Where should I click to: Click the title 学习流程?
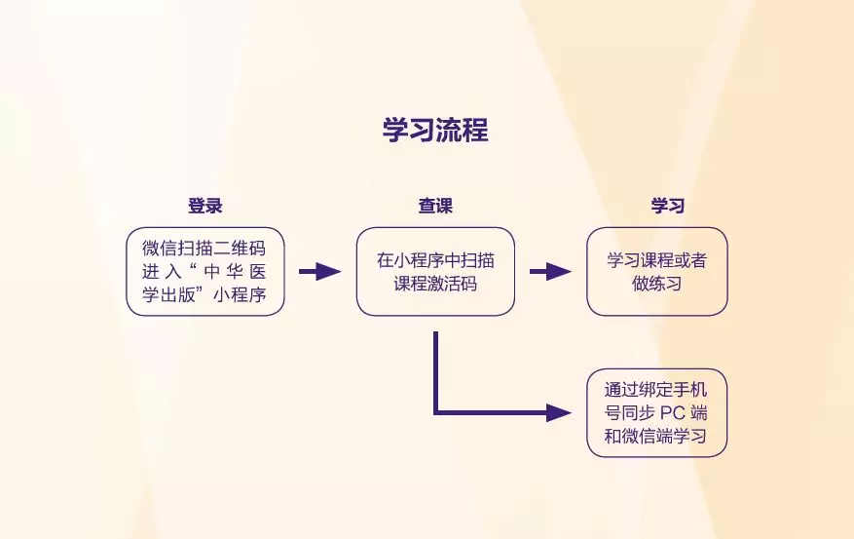(x=435, y=130)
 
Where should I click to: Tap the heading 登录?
(x=205, y=206)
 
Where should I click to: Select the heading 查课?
(x=435, y=206)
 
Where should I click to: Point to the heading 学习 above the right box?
(x=668, y=206)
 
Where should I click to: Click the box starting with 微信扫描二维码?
(x=205, y=271)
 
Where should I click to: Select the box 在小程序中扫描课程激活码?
(x=435, y=271)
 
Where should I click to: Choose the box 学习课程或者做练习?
(x=657, y=271)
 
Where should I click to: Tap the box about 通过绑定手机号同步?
(x=657, y=412)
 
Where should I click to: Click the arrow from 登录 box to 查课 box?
(x=320, y=271)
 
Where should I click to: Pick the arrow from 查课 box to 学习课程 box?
(x=550, y=271)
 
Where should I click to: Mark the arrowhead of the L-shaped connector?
(x=559, y=412)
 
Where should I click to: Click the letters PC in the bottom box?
(x=672, y=412)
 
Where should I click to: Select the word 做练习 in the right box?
(x=657, y=284)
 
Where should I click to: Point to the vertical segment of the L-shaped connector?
(x=435, y=371)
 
